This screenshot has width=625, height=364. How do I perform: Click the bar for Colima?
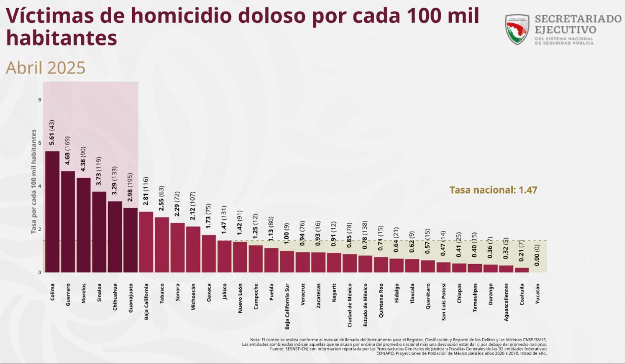[x=52, y=212]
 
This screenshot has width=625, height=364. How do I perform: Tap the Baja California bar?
[x=146, y=242]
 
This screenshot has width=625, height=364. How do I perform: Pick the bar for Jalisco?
[x=224, y=256]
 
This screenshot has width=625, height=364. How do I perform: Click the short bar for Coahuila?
[x=521, y=270]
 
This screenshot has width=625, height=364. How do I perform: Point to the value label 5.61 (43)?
[x=52, y=133]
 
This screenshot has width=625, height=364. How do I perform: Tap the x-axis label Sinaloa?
[x=100, y=292]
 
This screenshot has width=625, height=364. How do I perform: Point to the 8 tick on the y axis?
[x=39, y=100]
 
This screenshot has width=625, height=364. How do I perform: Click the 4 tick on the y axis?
[x=39, y=186]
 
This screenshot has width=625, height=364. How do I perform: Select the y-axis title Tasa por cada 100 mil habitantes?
[x=34, y=181]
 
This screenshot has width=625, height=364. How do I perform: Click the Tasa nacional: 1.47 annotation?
[x=493, y=190]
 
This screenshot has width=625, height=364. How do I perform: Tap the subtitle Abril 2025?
[x=45, y=68]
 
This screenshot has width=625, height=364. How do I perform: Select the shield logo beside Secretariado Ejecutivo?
[x=517, y=29]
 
